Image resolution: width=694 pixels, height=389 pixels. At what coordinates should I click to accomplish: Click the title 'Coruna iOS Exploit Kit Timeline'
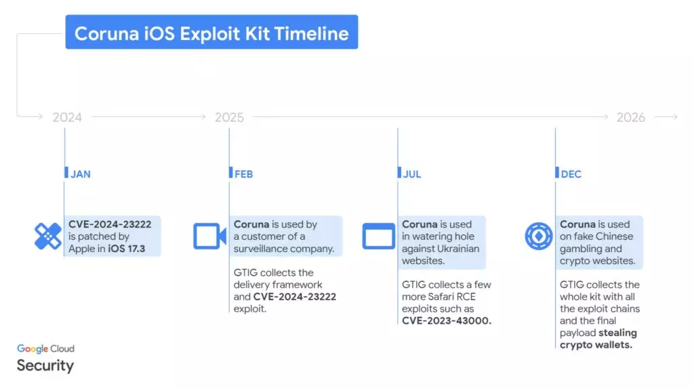click(211, 34)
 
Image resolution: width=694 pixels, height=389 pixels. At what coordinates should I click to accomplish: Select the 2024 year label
click(67, 117)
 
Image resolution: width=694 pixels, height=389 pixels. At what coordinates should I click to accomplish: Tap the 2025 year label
click(229, 117)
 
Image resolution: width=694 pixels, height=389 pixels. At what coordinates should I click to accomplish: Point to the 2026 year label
click(631, 117)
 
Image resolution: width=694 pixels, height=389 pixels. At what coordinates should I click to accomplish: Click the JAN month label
click(81, 174)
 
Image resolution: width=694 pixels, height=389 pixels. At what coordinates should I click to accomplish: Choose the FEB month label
click(243, 174)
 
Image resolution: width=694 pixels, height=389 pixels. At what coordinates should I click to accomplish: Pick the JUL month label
click(411, 174)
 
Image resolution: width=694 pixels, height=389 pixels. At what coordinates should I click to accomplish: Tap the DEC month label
click(571, 174)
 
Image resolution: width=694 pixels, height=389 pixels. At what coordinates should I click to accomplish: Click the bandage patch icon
click(48, 237)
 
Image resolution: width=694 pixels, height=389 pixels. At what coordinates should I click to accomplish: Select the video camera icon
click(210, 237)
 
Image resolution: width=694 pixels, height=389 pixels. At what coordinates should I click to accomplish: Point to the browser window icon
click(379, 237)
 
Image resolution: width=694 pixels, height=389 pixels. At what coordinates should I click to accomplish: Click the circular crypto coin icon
click(539, 237)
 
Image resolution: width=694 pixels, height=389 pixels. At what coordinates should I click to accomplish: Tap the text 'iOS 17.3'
click(127, 249)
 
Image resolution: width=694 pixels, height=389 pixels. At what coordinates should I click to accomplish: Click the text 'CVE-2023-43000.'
click(447, 321)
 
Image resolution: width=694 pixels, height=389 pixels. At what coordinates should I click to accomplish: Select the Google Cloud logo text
click(45, 349)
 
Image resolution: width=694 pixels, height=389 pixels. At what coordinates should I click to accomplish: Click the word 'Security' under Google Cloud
click(45, 365)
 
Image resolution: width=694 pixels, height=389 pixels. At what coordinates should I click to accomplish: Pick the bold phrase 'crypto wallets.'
click(596, 345)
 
